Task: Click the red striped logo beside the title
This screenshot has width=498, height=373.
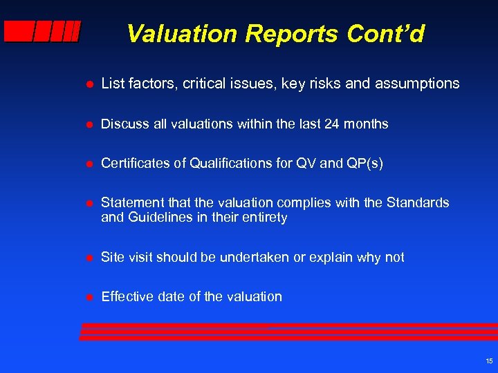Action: point(41,32)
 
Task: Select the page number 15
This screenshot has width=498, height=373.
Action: point(489,361)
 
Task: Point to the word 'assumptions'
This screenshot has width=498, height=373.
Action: point(417,84)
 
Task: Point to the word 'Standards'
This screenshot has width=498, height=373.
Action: point(418,203)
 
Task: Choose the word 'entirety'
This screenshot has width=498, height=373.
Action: point(264,218)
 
